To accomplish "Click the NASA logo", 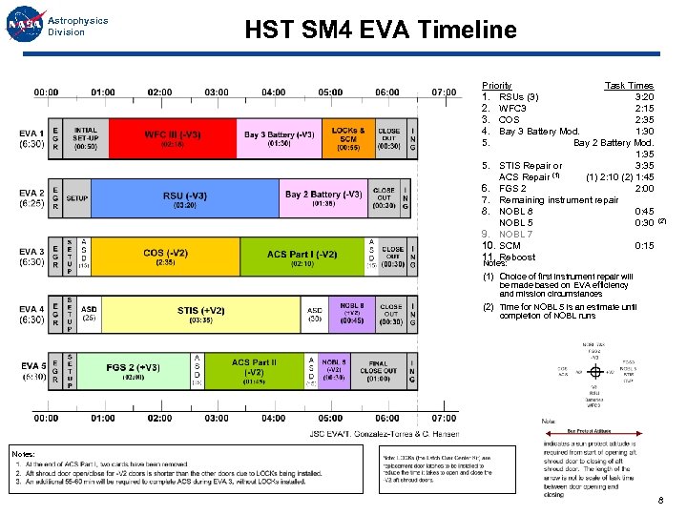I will click(23, 26).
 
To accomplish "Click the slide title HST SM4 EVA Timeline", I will click(380, 30).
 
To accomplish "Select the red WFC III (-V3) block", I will click(173, 139).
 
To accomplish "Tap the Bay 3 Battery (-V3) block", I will click(279, 139).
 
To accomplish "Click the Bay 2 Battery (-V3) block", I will click(323, 198).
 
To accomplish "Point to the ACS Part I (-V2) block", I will click(302, 257).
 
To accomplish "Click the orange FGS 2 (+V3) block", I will click(133, 373).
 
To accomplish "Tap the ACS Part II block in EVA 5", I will click(253, 373).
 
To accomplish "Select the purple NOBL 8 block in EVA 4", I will click(352, 315).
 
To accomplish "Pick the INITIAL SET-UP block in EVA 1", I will click(85, 139).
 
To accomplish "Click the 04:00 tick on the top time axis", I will click(273, 92).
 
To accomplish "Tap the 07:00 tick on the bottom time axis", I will click(444, 418).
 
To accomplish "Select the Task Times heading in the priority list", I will click(629, 86).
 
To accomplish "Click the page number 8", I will click(659, 501).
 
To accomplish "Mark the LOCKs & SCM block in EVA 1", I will click(347, 139).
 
